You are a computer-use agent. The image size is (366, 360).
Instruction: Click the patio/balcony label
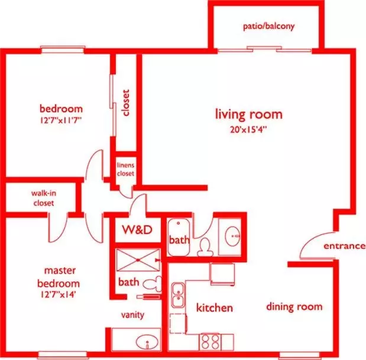tap(268, 26)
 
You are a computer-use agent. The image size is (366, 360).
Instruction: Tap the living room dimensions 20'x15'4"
tap(248, 129)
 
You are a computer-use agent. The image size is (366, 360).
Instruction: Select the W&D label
tap(137, 229)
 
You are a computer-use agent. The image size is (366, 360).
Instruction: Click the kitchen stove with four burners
tap(210, 342)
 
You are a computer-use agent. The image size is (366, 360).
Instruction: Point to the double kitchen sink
tap(178, 295)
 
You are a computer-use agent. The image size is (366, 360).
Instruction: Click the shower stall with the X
tap(138, 260)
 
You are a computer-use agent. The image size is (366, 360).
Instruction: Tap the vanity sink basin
tap(147, 342)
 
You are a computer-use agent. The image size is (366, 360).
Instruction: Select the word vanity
tap(132, 315)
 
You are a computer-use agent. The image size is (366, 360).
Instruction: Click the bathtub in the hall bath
tap(179, 237)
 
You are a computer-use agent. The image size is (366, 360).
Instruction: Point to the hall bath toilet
tap(205, 248)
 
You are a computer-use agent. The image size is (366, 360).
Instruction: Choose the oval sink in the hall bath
tap(232, 236)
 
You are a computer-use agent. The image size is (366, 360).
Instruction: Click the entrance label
tap(344, 246)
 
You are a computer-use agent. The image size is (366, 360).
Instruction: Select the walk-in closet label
tap(44, 198)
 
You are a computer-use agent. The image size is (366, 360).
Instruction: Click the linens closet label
tap(125, 170)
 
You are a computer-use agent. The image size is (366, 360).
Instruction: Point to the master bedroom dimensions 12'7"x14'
tap(57, 294)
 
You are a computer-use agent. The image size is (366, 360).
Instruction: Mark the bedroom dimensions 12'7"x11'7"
tap(60, 121)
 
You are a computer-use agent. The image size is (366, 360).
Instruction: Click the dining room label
tap(294, 307)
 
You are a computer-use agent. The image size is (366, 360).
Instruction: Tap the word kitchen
tap(215, 308)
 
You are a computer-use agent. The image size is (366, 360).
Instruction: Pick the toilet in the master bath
tap(152, 284)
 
